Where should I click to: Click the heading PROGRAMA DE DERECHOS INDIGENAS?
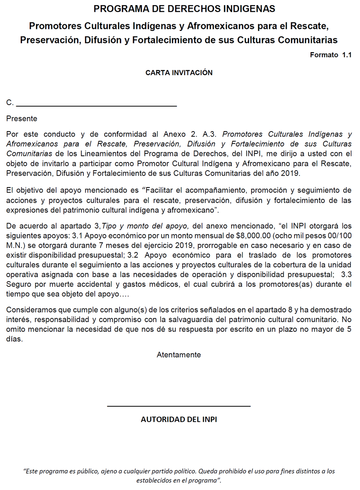pyautogui.click(x=184, y=9)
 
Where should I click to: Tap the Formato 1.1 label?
pyautogui.click(x=330, y=55)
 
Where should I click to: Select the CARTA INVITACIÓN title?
pyautogui.click(x=179, y=73)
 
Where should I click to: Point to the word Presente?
pyautogui.click(x=22, y=119)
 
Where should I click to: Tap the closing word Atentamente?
pyautogui.click(x=179, y=355)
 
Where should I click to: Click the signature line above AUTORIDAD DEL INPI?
pyautogui.click(x=179, y=406)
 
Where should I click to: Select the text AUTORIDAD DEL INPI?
pyautogui.click(x=179, y=420)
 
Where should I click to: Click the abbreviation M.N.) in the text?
pyautogui.click(x=16, y=245)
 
